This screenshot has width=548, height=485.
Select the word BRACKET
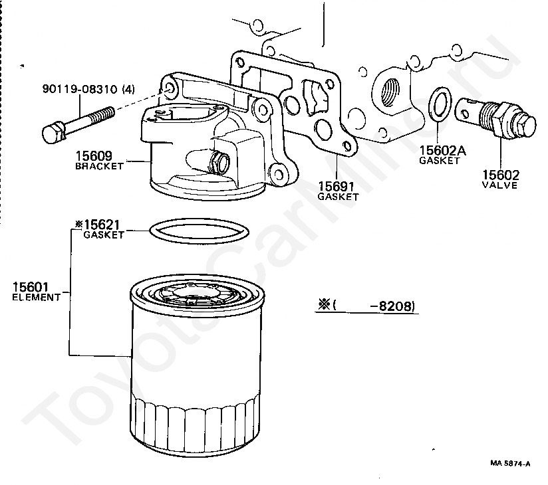(x=99, y=166)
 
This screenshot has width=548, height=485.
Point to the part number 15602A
(x=442, y=151)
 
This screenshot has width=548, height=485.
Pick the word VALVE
(x=500, y=185)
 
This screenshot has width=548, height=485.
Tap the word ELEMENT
(x=36, y=297)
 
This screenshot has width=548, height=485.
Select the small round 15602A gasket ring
(x=436, y=104)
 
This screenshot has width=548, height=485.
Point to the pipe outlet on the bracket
(x=220, y=162)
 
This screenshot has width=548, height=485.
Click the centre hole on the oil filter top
(x=197, y=292)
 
